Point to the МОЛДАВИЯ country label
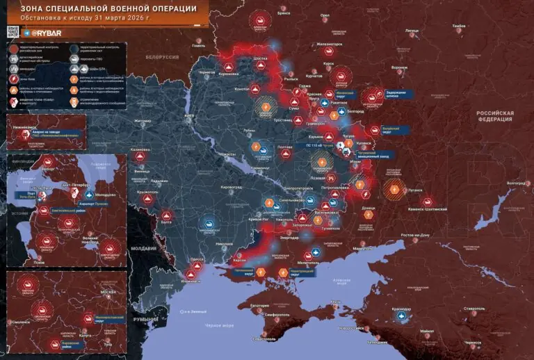pyautogui.click(x=144, y=248)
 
